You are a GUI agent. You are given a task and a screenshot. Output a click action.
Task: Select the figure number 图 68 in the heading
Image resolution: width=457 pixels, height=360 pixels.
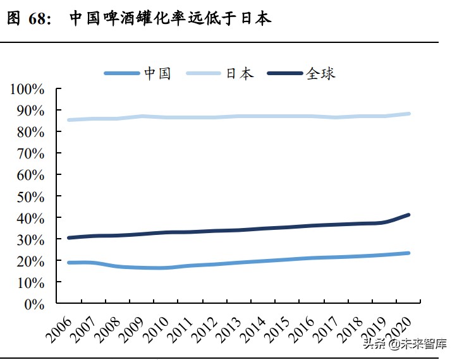(x=28, y=18)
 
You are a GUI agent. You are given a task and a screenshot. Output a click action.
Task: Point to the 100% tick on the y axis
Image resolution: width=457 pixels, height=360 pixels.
(x=27, y=89)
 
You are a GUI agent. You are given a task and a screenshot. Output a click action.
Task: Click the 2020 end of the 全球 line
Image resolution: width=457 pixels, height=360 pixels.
(x=409, y=215)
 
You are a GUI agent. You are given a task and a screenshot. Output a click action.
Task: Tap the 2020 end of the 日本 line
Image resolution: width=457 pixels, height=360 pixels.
(x=409, y=114)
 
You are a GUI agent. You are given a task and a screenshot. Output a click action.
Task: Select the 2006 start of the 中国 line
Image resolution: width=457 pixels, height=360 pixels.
(x=68, y=262)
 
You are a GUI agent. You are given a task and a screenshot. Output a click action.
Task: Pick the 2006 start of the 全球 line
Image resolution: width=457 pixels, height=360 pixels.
(x=68, y=237)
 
